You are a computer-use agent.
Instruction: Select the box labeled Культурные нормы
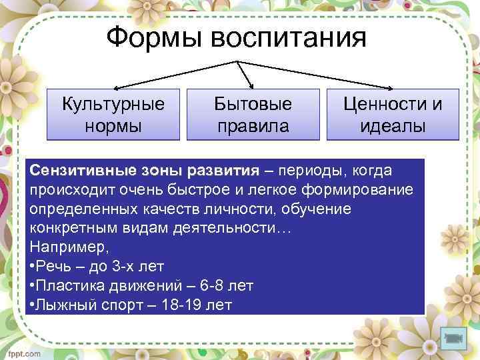(x=113, y=114)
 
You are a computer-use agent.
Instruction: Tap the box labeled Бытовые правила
(x=253, y=114)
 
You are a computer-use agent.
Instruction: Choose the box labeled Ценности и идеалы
(x=393, y=114)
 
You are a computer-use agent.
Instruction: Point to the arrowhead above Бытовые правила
(x=251, y=85)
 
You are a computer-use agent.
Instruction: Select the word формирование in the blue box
(x=361, y=190)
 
